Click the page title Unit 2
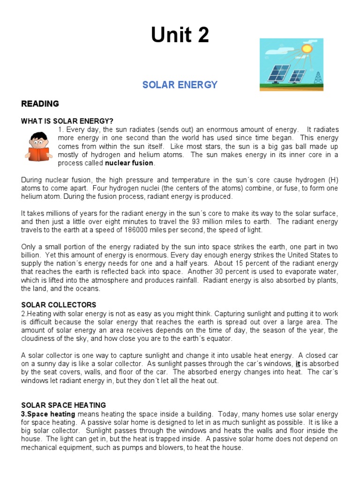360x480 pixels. (180, 35)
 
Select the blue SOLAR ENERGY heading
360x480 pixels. (180, 85)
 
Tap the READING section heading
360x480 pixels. (40, 104)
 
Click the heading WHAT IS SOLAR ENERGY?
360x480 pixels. (67, 121)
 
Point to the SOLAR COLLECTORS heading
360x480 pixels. (59, 305)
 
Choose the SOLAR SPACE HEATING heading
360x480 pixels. (64, 405)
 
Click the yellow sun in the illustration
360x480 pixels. (307, 48)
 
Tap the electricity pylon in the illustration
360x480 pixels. (318, 78)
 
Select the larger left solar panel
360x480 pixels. (278, 73)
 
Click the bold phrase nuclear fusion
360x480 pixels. (129, 163)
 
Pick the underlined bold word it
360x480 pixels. (298, 364)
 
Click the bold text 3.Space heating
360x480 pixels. (48, 414)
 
